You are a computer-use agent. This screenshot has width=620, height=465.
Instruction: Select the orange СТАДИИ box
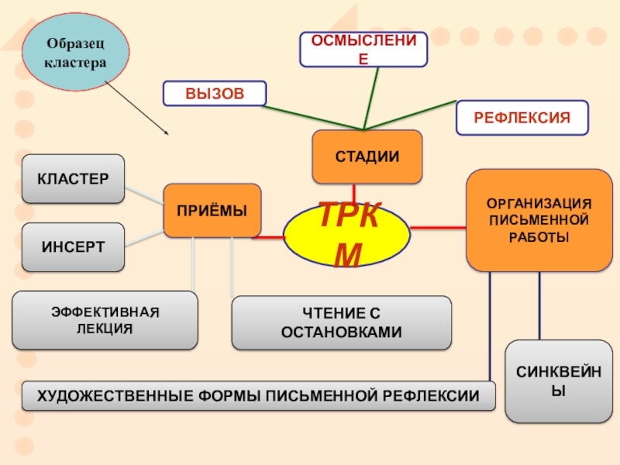[x=367, y=157]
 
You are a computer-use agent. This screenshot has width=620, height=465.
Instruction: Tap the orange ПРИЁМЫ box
[x=212, y=210]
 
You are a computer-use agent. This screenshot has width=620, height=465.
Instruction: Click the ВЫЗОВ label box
[x=214, y=94]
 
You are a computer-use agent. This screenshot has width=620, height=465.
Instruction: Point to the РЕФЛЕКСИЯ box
[x=522, y=118]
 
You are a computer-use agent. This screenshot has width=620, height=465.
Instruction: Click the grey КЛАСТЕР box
[x=73, y=178]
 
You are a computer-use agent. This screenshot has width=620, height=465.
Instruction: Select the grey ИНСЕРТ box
[x=73, y=247]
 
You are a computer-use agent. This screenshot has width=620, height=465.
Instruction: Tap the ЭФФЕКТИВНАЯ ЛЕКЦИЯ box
[x=105, y=319]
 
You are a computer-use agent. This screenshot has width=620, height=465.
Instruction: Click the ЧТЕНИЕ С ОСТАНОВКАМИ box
[x=341, y=322]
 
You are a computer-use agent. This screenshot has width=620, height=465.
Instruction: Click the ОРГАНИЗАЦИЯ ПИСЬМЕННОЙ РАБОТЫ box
[x=539, y=221]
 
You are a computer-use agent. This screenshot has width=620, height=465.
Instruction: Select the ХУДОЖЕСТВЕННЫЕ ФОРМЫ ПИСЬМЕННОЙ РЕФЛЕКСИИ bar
[x=258, y=396]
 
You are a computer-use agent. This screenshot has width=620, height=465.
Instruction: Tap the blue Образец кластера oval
[x=76, y=53]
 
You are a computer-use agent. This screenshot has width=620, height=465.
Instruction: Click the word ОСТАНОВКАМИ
[x=342, y=332]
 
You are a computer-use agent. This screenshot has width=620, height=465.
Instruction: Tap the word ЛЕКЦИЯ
[x=105, y=329]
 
